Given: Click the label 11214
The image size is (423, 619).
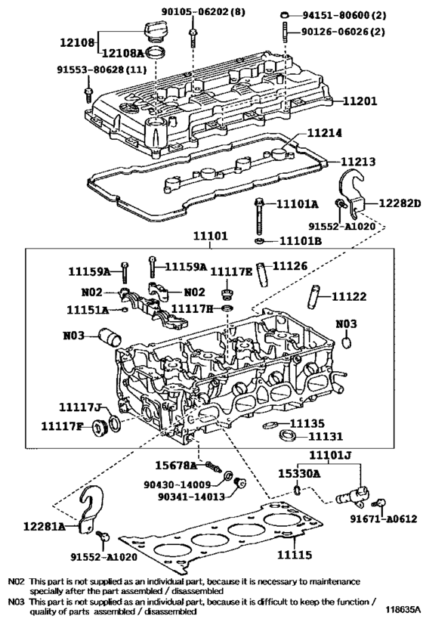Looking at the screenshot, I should point(325,133).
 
